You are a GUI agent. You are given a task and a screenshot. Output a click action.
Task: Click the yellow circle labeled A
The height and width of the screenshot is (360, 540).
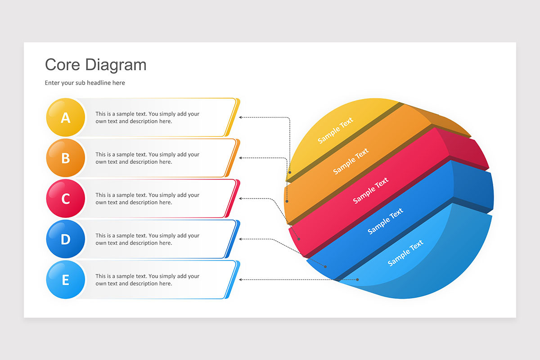coord(66,117)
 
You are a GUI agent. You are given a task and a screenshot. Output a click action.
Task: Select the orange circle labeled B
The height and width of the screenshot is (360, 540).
coord(66,158)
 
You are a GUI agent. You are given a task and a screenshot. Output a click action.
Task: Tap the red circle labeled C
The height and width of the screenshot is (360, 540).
coord(66,198)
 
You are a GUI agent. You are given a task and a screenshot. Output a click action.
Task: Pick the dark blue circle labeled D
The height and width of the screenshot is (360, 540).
coord(66,239)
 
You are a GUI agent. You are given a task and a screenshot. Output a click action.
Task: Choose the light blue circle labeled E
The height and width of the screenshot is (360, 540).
coord(66,279)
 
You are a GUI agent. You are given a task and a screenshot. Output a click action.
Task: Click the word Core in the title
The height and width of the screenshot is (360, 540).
coord(63,65)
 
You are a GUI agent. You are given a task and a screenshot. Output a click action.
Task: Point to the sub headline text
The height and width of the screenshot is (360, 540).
coord(85,83)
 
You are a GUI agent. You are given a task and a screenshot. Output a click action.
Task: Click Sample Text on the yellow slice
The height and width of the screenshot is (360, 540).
coord(335,130)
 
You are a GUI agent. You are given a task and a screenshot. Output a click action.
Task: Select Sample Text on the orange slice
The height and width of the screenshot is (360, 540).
coord(351,161)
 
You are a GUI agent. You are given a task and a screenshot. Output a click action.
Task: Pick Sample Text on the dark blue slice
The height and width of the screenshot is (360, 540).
coord(386,221)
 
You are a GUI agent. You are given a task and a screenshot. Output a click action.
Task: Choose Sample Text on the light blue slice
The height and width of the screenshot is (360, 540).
coord(405,252)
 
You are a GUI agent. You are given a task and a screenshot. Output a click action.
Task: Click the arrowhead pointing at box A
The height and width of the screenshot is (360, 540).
coord(241,117)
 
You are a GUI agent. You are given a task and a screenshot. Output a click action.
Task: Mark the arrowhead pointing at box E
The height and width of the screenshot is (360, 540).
coord(241,279)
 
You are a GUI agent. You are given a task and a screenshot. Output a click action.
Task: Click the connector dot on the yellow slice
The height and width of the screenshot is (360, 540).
coord(289,172)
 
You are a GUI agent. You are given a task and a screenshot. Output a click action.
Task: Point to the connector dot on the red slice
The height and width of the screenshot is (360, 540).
coord(299,238)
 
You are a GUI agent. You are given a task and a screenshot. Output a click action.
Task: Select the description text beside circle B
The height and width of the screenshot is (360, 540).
coord(147,158)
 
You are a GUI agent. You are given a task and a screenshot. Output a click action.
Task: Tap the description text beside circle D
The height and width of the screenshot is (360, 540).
coord(147,239)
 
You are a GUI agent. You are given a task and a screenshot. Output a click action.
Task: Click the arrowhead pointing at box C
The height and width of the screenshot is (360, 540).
coord(241,198)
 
